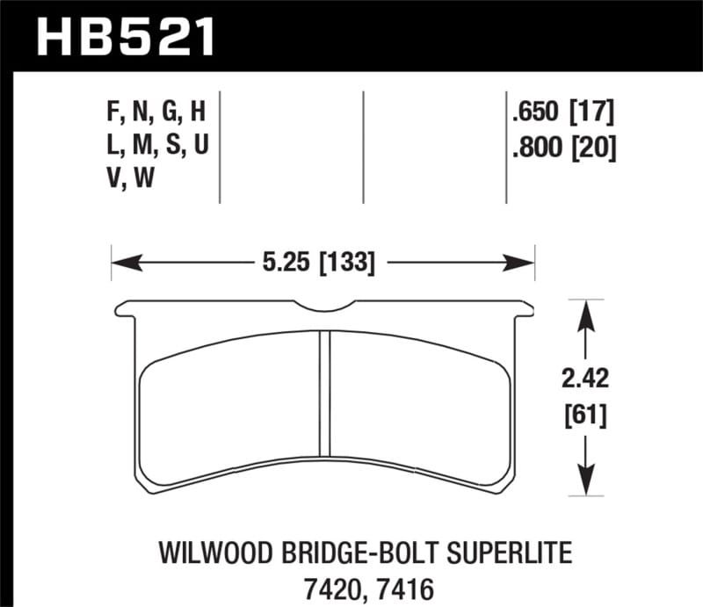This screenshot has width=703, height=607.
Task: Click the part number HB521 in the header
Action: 124,38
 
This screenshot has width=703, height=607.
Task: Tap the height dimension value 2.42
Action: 583,379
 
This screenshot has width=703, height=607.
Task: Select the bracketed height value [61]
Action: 583,414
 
